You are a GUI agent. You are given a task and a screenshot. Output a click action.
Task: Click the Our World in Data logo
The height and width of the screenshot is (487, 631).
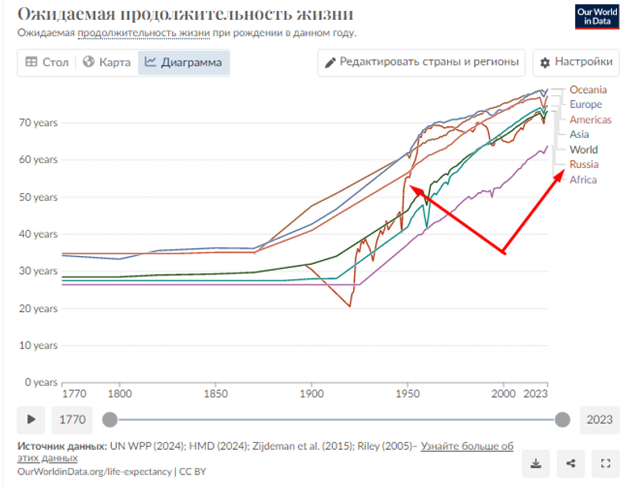click(x=597, y=17)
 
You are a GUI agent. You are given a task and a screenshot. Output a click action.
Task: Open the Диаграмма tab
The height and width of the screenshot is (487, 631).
click(x=184, y=62)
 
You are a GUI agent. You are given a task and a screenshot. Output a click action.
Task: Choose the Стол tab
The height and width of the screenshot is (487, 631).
click(x=47, y=62)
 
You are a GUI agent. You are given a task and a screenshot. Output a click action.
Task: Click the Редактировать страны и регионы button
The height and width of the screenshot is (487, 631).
click(x=422, y=62)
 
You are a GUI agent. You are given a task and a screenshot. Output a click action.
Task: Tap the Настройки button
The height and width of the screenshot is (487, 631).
click(x=575, y=62)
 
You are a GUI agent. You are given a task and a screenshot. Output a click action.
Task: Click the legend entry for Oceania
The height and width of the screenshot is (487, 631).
click(x=588, y=89)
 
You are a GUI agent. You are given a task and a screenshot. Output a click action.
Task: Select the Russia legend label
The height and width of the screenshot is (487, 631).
click(x=584, y=165)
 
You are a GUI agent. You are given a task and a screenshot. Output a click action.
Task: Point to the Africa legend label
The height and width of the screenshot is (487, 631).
click(x=583, y=180)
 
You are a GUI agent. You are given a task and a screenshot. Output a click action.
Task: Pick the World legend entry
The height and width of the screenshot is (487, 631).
click(x=584, y=150)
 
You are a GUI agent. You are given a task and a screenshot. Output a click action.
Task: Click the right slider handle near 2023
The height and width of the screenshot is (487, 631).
click(x=562, y=419)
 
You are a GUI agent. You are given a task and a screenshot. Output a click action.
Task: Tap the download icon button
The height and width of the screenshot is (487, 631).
click(x=536, y=464)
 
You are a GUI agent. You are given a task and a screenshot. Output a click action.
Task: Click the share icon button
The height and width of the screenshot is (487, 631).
click(x=569, y=464)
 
